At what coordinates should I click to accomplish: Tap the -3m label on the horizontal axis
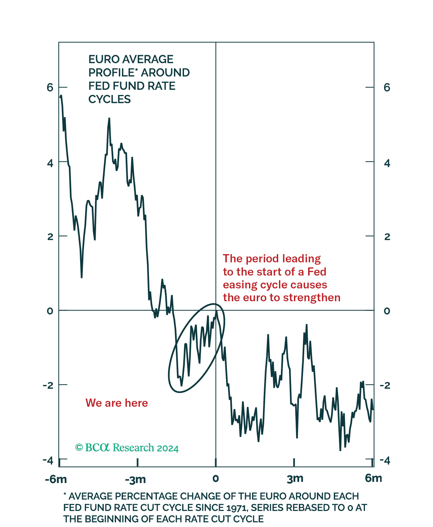coord(135,479)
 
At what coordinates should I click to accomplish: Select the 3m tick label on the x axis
coord(295,478)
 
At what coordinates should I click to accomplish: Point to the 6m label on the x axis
coord(373,478)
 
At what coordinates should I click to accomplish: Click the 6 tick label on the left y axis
coord(50,87)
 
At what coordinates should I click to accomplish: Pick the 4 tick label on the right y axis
coord(387,163)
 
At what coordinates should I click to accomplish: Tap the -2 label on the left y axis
coord(48,385)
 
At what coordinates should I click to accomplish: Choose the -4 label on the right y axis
coord(384,461)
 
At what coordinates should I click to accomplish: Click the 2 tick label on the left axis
coord(50,237)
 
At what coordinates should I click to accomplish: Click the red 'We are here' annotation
coord(117,403)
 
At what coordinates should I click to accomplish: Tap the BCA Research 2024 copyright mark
coord(127,448)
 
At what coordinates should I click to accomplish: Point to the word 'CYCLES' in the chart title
coord(110,99)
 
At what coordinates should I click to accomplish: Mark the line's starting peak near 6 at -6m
coord(61,96)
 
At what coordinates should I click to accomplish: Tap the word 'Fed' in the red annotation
coord(317,272)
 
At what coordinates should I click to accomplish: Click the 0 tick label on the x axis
coord(216,478)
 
